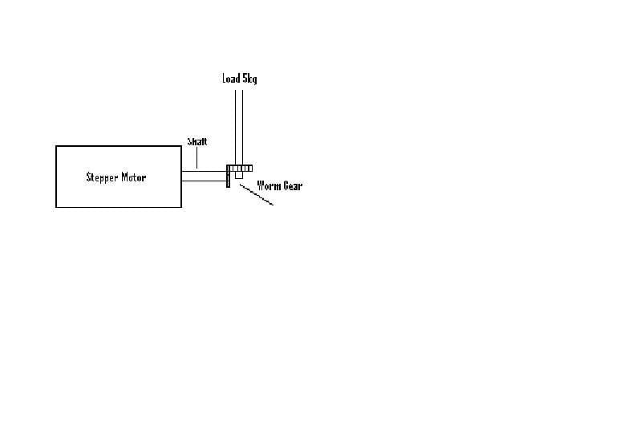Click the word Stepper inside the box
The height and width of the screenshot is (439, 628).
(x=102, y=177)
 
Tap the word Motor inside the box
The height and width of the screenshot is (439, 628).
(x=134, y=177)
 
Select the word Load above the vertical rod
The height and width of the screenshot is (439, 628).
(x=231, y=78)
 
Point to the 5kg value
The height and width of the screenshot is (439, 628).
(x=249, y=79)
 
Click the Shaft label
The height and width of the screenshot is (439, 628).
(x=197, y=141)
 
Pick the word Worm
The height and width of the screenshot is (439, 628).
(x=269, y=185)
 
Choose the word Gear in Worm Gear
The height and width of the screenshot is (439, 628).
(x=293, y=185)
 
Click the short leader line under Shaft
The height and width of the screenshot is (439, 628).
(x=197, y=157)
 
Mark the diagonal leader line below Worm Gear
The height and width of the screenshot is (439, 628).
(x=257, y=195)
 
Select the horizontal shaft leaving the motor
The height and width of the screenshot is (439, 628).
(x=205, y=176)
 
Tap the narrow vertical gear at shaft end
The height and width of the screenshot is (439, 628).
(x=229, y=177)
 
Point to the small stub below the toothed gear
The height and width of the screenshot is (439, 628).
(x=239, y=175)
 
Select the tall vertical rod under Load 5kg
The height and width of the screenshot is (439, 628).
(x=239, y=128)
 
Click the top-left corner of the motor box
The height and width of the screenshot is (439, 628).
(x=56, y=146)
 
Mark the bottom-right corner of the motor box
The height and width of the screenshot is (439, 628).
(x=181, y=207)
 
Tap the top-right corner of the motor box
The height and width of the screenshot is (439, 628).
(x=181, y=146)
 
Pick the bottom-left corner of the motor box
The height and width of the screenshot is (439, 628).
(x=56, y=207)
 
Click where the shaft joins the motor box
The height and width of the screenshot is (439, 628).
(x=181, y=176)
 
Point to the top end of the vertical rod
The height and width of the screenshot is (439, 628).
(x=239, y=91)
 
